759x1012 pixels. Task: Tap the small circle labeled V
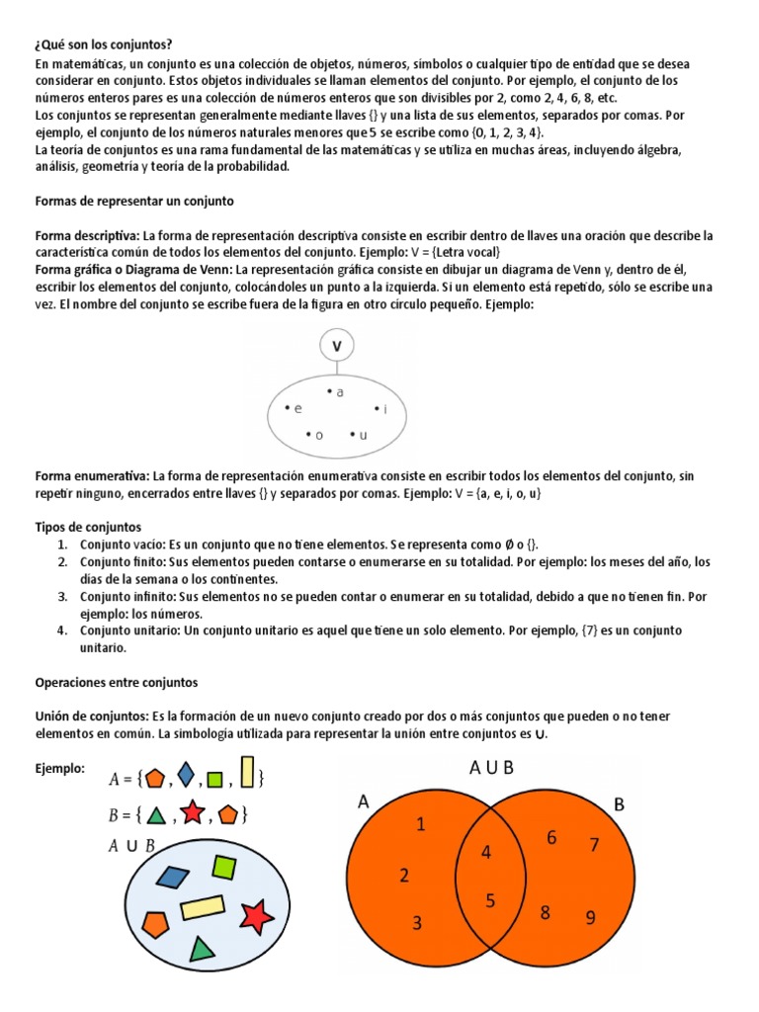pos(338,347)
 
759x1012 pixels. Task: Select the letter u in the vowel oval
pos(364,435)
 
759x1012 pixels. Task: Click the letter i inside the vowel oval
pos(385,409)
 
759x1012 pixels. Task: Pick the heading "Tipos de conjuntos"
pos(89,527)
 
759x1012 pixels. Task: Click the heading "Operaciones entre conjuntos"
pos(117,682)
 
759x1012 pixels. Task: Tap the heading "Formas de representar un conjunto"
pos(134,201)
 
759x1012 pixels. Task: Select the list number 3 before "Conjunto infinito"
pos(61,597)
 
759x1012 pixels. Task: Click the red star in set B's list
pos(193,814)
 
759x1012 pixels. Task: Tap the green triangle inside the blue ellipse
pos(202,950)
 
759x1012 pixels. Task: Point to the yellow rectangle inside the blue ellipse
pos(202,906)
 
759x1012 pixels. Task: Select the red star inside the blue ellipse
pos(257,917)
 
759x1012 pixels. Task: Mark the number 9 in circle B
pos(590,918)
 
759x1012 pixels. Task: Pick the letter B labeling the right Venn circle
pos(620,805)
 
